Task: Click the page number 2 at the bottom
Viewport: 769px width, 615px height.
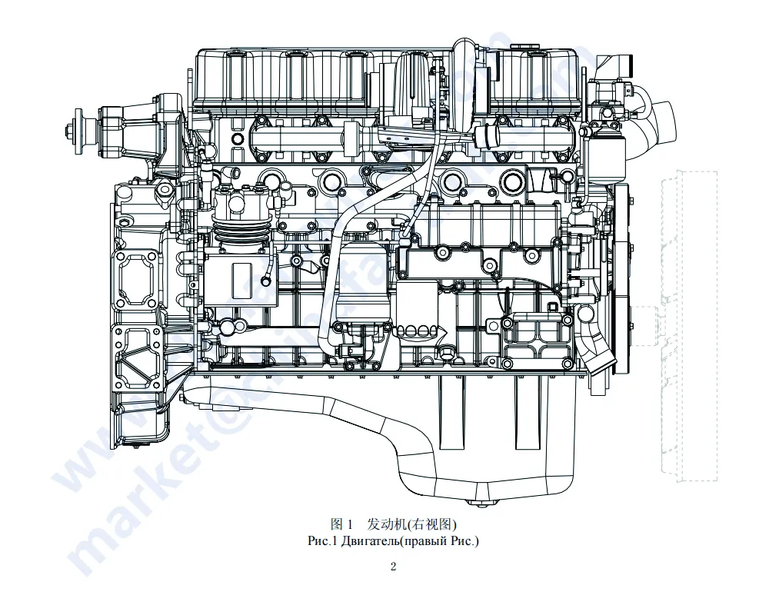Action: [393, 567]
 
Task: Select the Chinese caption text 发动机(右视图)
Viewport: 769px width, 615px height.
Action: [412, 525]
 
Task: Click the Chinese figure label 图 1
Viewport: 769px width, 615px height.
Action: [341, 525]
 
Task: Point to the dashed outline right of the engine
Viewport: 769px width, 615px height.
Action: [689, 323]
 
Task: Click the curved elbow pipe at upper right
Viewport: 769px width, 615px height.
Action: [660, 123]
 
